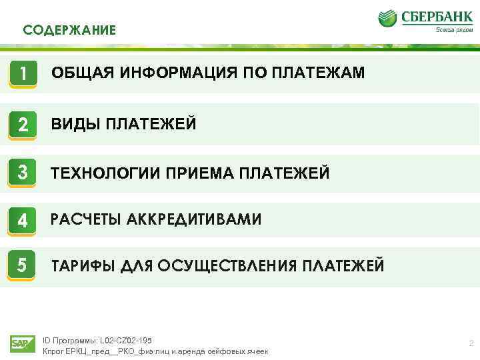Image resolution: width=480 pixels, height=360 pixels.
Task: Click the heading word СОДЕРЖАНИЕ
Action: click(69, 30)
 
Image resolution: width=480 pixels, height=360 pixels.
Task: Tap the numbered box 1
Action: click(23, 73)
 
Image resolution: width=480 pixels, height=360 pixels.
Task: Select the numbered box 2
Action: click(23, 124)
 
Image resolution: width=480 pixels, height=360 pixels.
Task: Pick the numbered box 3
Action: click(23, 173)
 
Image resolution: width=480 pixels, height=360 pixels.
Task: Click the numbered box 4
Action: click(23, 219)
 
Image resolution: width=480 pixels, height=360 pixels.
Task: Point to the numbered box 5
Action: click(23, 266)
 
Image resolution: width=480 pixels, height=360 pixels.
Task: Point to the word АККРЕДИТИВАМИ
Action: click(194, 219)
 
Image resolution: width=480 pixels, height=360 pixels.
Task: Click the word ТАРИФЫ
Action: click(83, 267)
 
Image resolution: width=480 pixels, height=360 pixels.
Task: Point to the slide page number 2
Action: click(471, 343)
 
